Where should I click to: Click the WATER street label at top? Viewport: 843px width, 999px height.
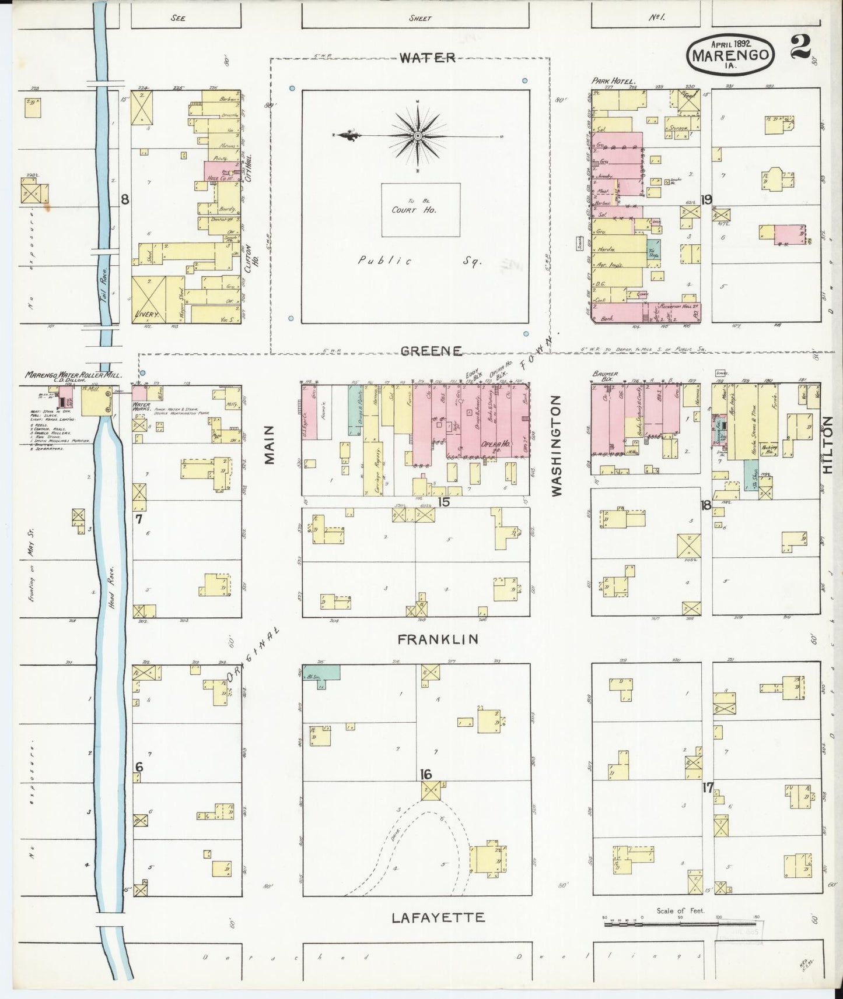pyautogui.click(x=428, y=57)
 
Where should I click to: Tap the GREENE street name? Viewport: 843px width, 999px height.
pyautogui.click(x=432, y=350)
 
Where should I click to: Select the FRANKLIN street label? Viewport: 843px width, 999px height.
pyautogui.click(x=438, y=639)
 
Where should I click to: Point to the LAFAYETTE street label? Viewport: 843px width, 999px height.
pyautogui.click(x=438, y=917)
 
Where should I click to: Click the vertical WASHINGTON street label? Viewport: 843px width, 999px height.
pyautogui.click(x=556, y=446)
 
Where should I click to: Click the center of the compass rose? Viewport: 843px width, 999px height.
pyautogui.click(x=418, y=136)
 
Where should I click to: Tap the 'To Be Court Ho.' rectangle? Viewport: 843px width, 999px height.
pyautogui.click(x=421, y=210)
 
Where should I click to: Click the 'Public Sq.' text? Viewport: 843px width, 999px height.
pyautogui.click(x=418, y=262)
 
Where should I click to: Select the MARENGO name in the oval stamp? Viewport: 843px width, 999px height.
pyautogui.click(x=733, y=56)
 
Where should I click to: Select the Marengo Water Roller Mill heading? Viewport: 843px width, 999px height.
pyautogui.click(x=73, y=375)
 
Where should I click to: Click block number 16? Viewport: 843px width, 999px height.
pyautogui.click(x=426, y=774)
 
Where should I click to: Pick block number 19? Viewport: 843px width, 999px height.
pyautogui.click(x=706, y=199)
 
